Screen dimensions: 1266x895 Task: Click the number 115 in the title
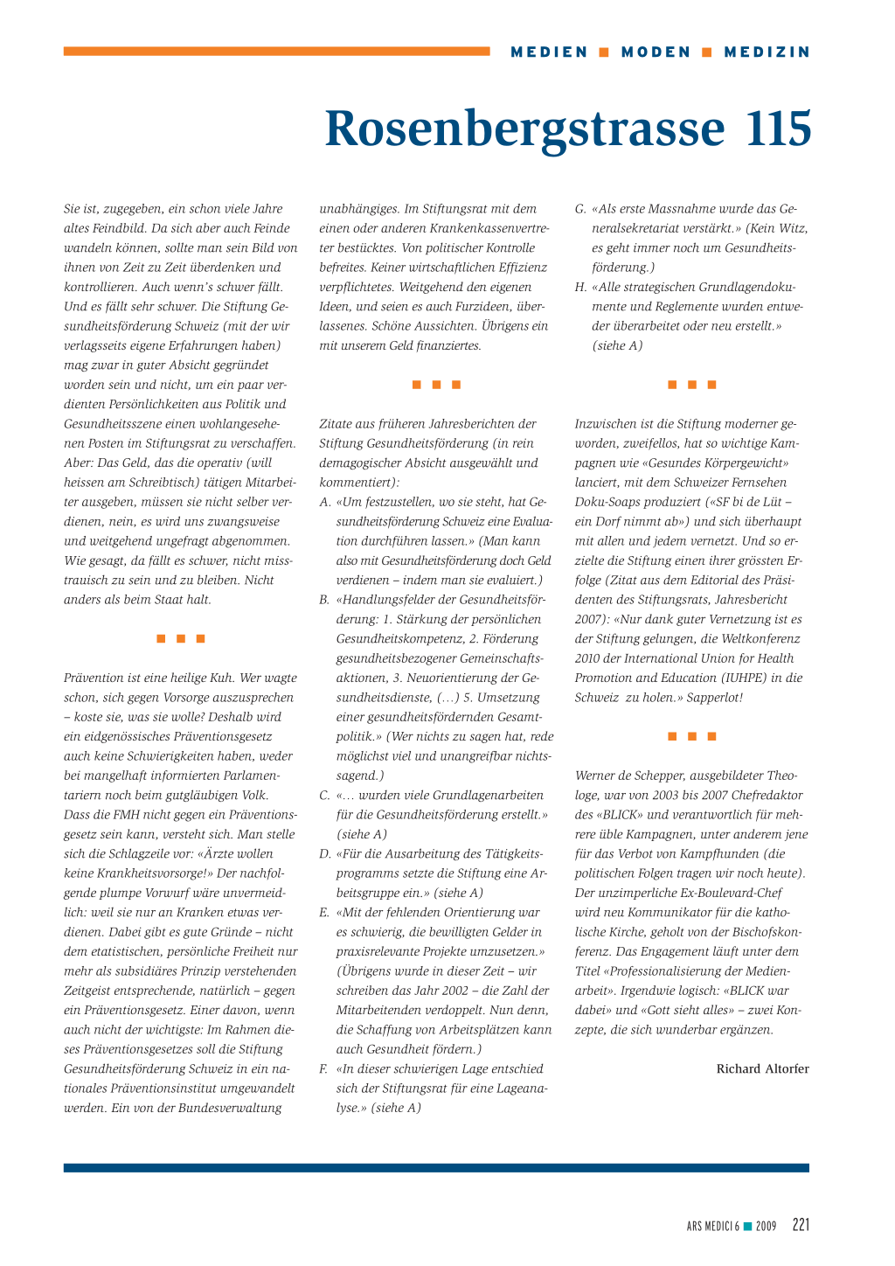coord(778,129)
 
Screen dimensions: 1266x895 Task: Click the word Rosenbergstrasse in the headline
coord(524,129)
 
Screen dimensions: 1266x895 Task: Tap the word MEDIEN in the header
coord(550,52)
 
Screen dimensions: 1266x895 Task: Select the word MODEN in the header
coord(656,52)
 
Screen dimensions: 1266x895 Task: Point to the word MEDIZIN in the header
coord(767,52)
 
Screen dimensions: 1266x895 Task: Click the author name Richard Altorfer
coord(762,1068)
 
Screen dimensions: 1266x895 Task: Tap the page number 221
coord(801,1225)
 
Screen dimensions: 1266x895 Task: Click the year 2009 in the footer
coord(766,1227)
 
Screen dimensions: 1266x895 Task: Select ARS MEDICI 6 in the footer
coord(713,1227)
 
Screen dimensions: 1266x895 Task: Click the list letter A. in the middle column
coord(325,502)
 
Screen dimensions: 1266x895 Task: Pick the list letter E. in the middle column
coord(325,912)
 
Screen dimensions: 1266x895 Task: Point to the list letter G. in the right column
coord(580,209)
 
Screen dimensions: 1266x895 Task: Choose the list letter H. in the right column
coord(580,287)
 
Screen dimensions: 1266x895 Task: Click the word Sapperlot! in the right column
coord(715,697)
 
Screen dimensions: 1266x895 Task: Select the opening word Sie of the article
coord(73,209)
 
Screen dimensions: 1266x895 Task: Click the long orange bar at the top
coord(276,52)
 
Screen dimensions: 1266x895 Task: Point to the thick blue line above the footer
coord(436,1167)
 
